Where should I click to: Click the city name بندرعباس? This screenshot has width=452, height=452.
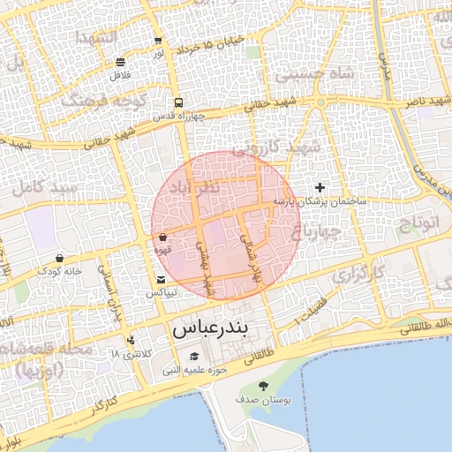[x=211, y=329]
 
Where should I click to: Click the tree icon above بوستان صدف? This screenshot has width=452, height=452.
[x=263, y=386]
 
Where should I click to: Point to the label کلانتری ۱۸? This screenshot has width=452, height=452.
[x=132, y=353]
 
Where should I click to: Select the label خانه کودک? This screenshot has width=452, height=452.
[x=59, y=271]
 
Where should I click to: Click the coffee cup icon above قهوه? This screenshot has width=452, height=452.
[x=163, y=237]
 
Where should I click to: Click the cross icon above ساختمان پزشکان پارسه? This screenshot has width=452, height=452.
[x=320, y=187]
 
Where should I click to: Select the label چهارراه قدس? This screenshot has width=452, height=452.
[x=179, y=116]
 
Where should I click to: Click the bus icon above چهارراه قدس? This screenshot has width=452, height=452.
[x=179, y=102]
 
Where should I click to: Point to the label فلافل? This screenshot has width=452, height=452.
[x=120, y=75]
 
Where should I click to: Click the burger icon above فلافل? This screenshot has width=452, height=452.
[x=120, y=62]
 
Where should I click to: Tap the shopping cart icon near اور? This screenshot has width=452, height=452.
[x=158, y=41]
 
